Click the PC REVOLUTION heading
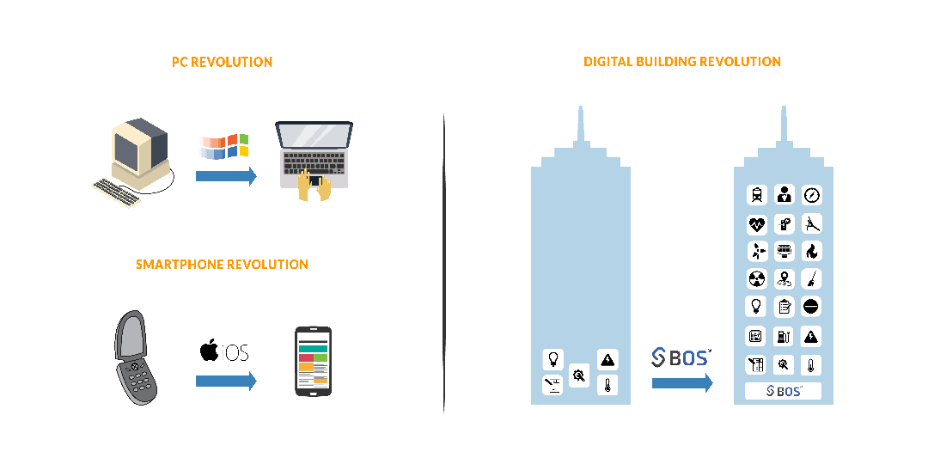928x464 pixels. click(222, 62)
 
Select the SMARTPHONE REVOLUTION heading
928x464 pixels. click(222, 265)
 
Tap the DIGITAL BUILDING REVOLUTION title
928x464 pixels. click(682, 62)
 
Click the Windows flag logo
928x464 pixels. click(224, 146)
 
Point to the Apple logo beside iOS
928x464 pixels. click(208, 351)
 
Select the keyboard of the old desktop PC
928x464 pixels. click(118, 192)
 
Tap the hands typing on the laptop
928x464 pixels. click(314, 185)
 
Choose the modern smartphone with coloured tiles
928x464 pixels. click(313, 361)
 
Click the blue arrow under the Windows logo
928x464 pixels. click(226, 176)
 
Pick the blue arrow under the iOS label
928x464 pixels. click(226, 380)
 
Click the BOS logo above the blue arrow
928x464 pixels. click(681, 357)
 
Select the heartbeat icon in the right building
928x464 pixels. click(757, 225)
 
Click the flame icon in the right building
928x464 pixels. click(811, 252)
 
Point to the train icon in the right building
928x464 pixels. click(757, 195)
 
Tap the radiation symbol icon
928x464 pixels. click(757, 279)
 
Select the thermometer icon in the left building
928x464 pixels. click(607, 385)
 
